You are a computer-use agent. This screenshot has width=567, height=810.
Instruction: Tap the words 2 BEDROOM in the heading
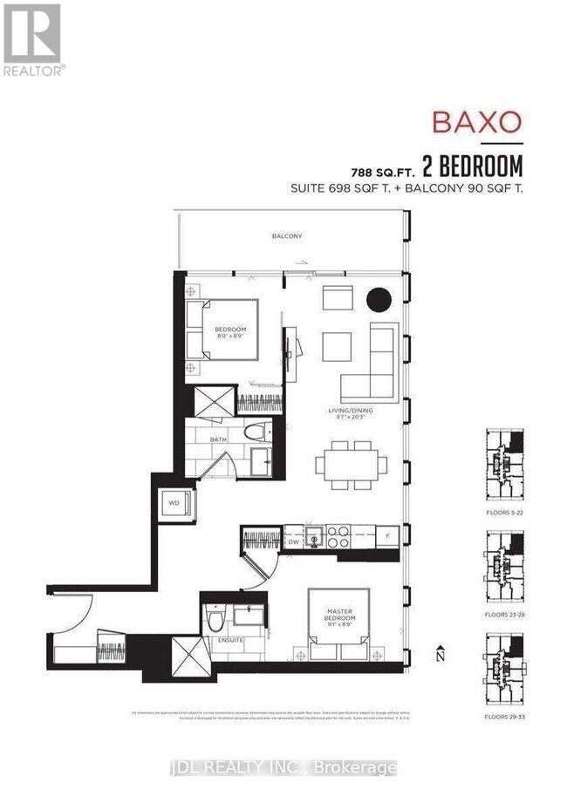click(472, 165)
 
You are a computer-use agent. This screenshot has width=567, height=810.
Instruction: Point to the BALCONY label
click(287, 236)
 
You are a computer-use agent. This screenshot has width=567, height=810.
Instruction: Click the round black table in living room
click(379, 300)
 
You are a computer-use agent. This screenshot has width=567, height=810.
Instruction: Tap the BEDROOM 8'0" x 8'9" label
click(232, 332)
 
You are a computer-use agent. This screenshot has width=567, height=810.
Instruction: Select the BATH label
click(219, 439)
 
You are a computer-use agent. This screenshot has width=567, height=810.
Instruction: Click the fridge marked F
click(387, 534)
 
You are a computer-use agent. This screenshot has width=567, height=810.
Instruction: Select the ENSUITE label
click(231, 642)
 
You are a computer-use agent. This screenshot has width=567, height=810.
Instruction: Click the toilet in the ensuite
click(217, 620)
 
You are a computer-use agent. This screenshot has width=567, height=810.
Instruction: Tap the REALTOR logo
click(32, 39)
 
